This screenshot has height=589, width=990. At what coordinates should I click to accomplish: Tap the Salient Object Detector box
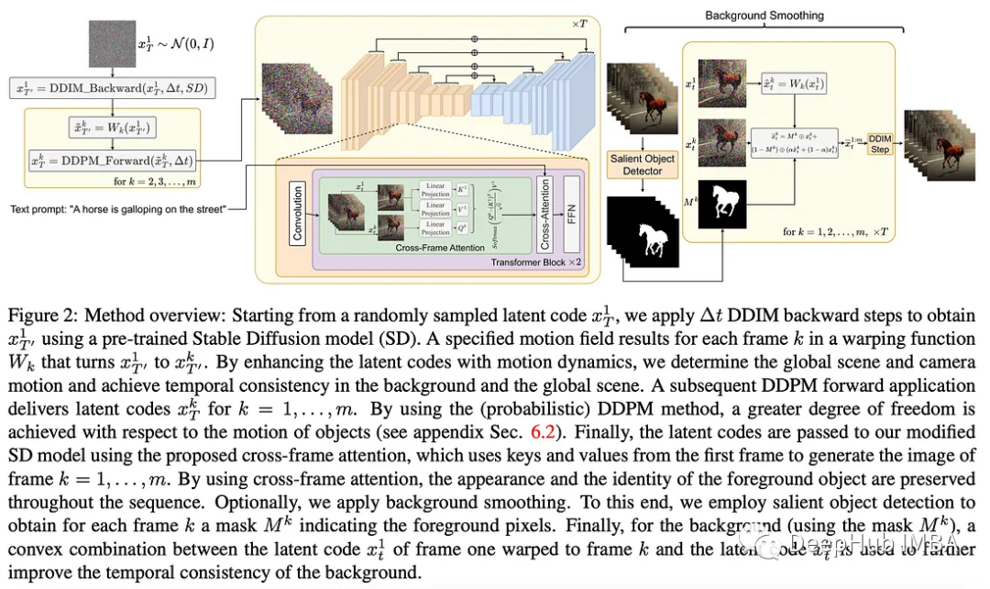click(x=642, y=165)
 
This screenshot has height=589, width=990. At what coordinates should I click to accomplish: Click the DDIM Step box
click(x=880, y=144)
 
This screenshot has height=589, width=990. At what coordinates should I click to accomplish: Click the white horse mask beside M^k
click(x=724, y=204)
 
